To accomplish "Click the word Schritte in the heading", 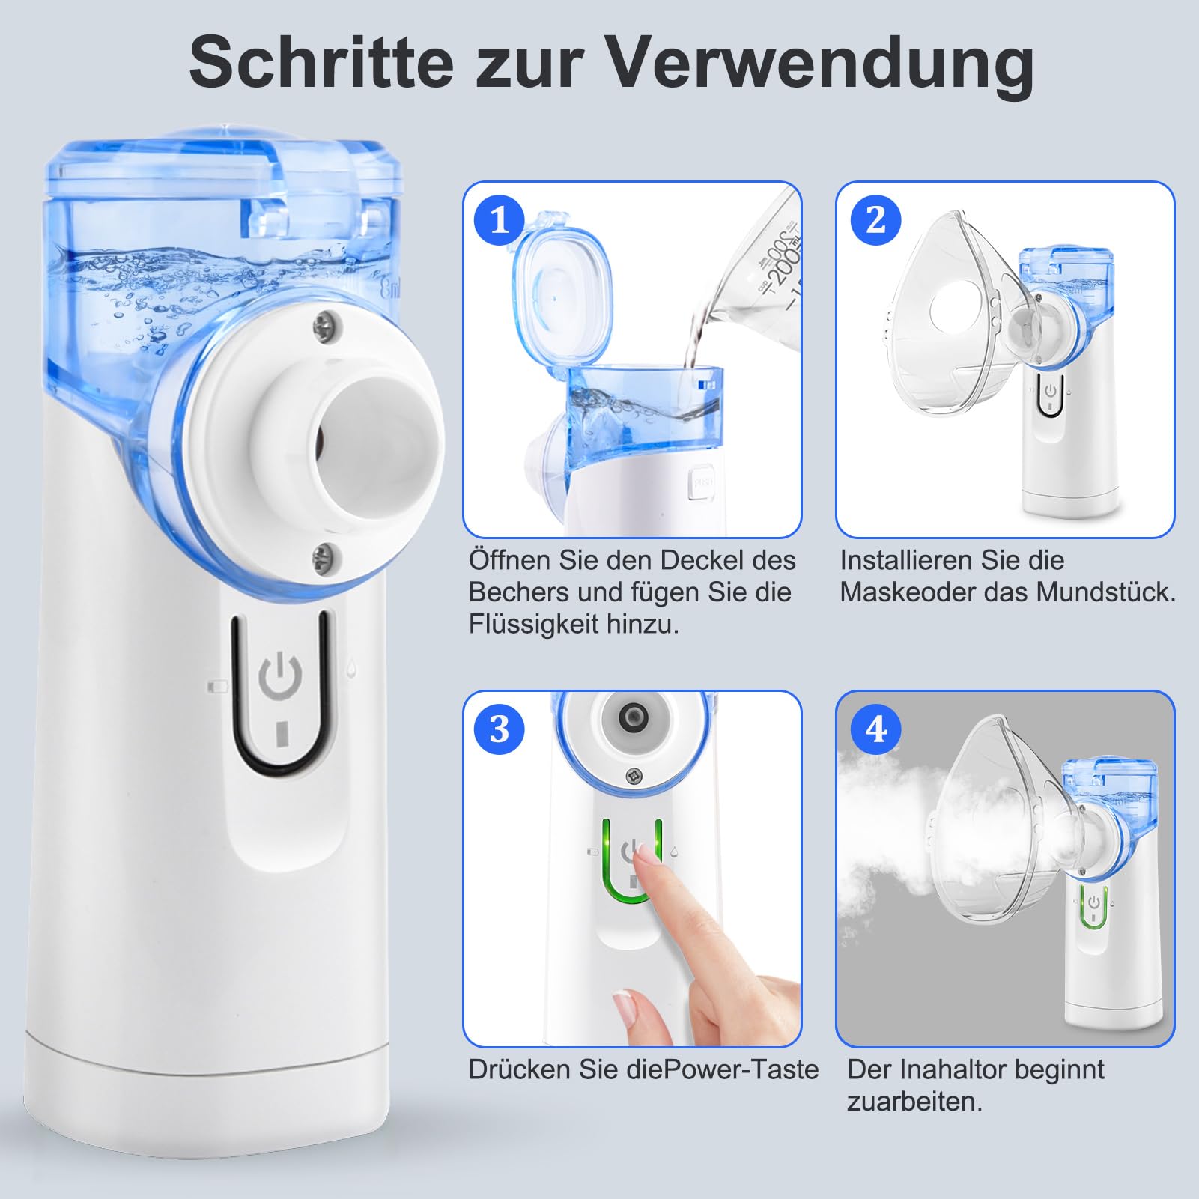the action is (x=321, y=61).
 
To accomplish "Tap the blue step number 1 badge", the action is (x=500, y=219).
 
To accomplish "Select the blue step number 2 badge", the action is (x=875, y=219).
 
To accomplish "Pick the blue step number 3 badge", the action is (x=500, y=729).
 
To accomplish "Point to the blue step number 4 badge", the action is (x=875, y=729).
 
